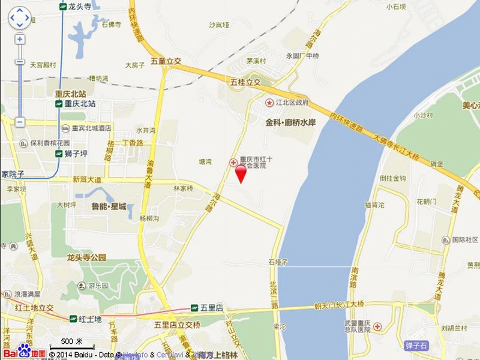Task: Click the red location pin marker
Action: [241, 173]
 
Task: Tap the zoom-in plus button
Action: [20, 40]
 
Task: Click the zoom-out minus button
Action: [20, 122]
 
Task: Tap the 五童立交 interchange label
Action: [166, 61]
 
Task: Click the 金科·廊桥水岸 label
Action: [290, 122]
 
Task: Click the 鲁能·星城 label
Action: [109, 206]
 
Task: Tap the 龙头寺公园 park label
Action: [86, 257]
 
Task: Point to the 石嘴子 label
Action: [279, 262]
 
